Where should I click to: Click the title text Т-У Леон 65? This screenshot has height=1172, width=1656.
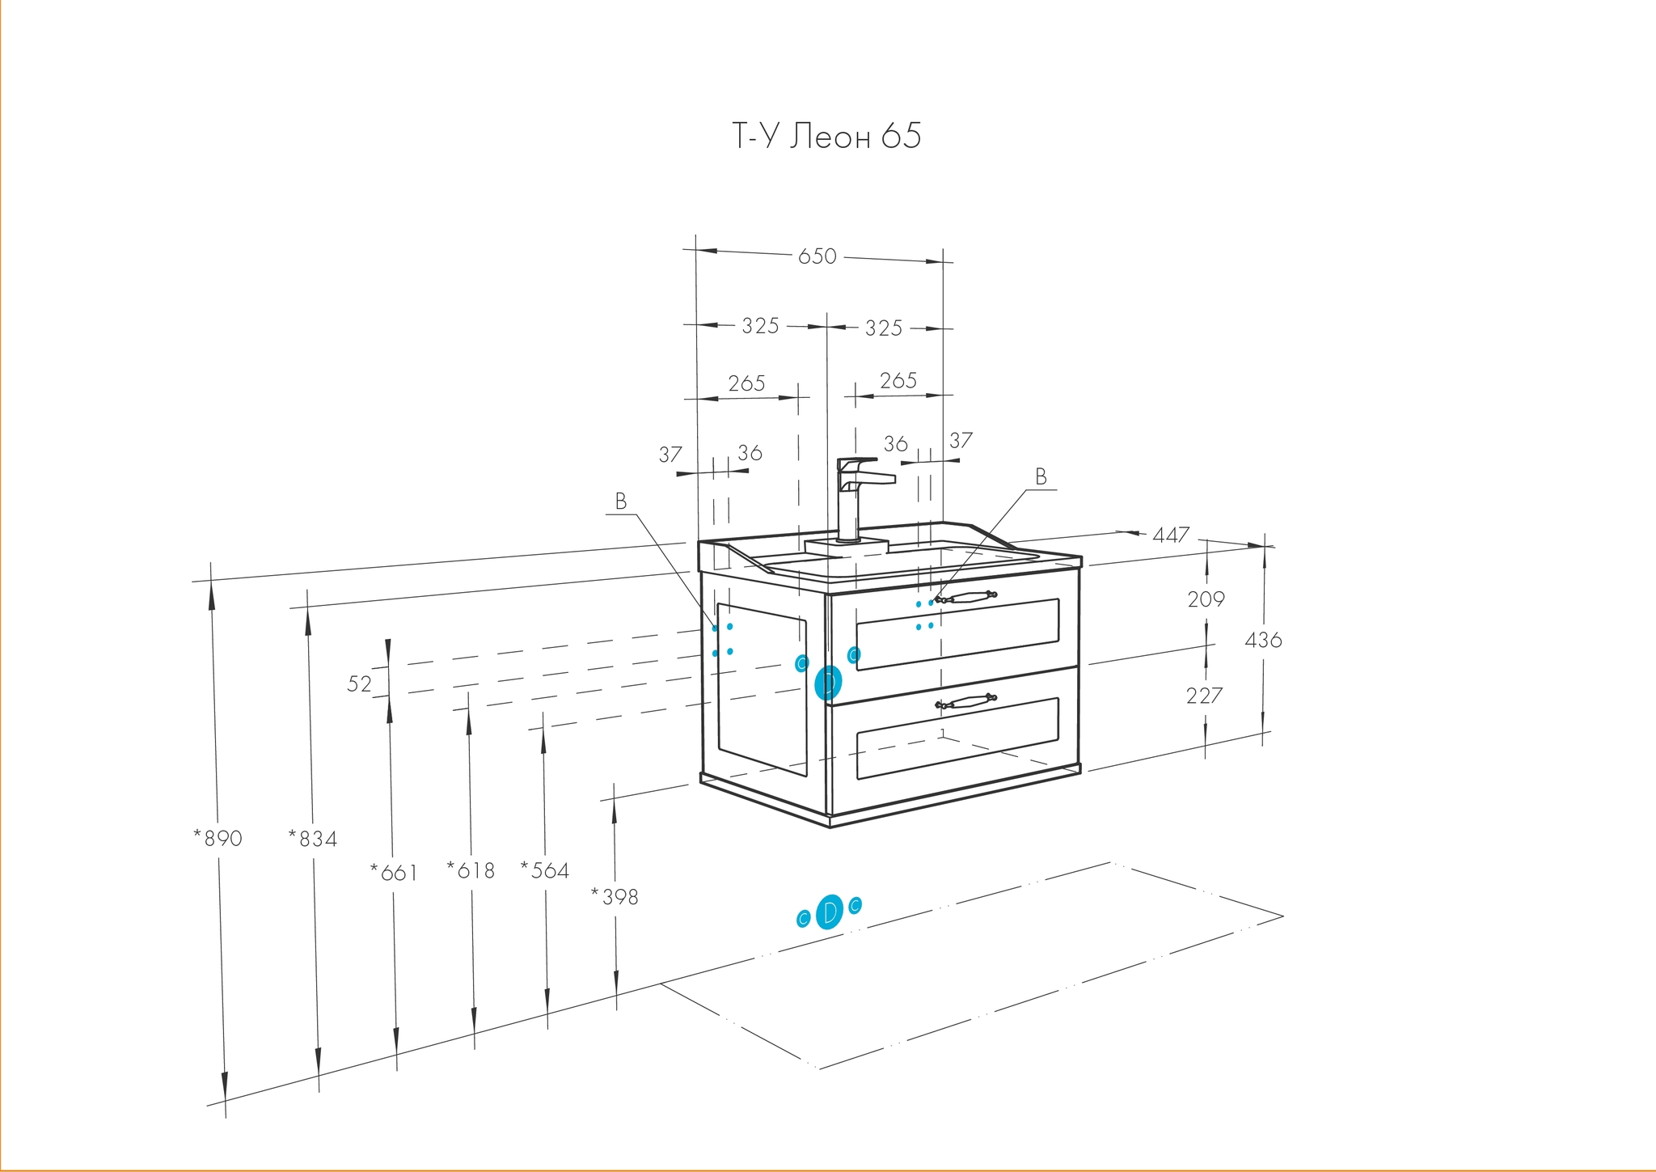coord(826,137)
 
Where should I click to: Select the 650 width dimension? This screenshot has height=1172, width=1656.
coord(817,256)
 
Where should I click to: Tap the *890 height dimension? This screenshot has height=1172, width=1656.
coord(218,838)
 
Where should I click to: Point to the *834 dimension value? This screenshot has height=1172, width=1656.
coord(313,839)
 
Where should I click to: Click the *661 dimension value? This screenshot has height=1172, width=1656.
coord(394,872)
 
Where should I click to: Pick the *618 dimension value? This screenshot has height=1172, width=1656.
coord(471,869)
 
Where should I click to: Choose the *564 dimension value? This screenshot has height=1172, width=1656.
coord(545,870)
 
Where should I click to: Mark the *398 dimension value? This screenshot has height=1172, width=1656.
coord(615,896)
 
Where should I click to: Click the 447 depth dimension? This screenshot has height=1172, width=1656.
coord(1171,535)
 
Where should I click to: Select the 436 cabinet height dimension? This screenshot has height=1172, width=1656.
coord(1263,640)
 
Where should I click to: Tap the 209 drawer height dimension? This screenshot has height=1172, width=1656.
coord(1206,599)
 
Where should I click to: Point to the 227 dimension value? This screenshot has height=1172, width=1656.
coord(1204,695)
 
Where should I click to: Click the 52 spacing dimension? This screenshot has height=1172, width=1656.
coord(360,684)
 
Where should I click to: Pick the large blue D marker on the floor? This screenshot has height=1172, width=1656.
coord(829,912)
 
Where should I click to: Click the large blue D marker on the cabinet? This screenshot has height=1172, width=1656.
coord(828,683)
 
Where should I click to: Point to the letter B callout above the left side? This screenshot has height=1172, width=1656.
coord(621,501)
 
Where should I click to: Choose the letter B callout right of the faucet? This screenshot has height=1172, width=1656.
coord(1041,477)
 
